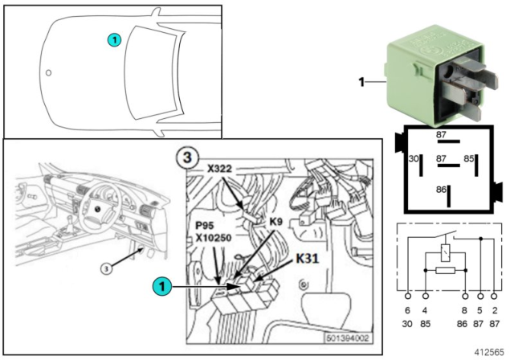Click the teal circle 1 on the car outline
[114, 39]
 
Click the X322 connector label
[223, 170]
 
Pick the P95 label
[205, 227]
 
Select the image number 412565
[491, 351]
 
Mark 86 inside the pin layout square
[441, 189]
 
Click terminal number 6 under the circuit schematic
[407, 310]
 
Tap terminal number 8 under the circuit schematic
[463, 310]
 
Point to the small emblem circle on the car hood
[49, 74]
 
